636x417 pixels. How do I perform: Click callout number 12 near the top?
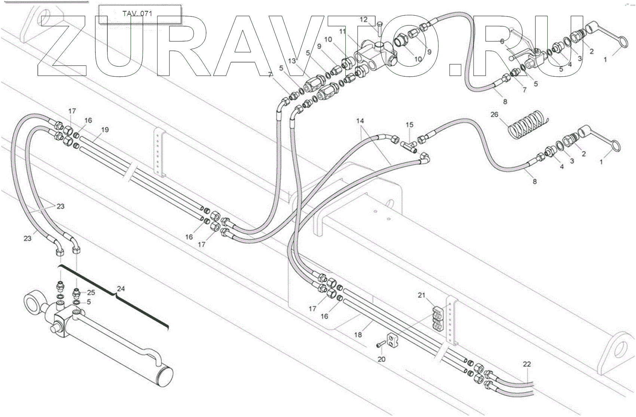pos(364,19)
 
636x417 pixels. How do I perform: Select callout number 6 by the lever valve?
pos(502,41)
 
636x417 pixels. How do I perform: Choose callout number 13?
pos(292,61)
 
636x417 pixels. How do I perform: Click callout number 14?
pos(360,121)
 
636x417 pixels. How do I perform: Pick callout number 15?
pos(410,124)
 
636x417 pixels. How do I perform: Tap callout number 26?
pos(494,114)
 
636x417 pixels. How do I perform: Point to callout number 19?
pos(105,130)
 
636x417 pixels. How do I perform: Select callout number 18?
pos(358,334)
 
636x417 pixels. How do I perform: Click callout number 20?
pos(381,359)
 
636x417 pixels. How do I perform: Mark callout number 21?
pos(422,295)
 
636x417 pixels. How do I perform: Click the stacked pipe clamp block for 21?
pos(438,319)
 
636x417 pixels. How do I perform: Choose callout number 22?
pos(527,364)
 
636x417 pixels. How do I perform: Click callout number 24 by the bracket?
pos(121,289)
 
